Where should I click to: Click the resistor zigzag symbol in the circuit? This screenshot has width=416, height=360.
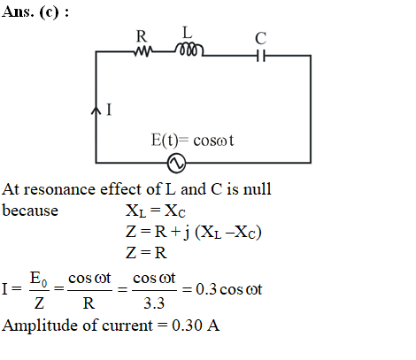143,51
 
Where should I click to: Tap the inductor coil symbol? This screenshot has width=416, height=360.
189,50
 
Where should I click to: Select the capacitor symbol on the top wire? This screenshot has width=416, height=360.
261,56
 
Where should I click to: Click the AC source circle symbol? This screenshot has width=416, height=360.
176,163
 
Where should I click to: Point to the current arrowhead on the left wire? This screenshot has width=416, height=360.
96,111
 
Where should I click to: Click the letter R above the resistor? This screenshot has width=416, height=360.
142,36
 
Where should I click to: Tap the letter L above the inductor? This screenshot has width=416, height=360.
188,33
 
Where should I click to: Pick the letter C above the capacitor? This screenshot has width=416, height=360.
261,38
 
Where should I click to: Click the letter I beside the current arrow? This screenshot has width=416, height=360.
109,110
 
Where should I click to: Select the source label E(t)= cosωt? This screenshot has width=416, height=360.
192,140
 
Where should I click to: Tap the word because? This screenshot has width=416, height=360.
30,211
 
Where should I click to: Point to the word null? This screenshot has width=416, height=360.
257,188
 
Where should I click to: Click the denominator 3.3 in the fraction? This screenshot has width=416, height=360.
154,303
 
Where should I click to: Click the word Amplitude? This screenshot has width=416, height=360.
40,326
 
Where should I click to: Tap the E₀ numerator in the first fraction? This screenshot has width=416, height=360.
38,279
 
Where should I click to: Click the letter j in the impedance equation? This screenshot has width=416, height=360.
187,233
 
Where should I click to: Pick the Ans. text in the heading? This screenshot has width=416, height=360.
18,11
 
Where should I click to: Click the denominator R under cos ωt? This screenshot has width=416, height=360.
89,303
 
